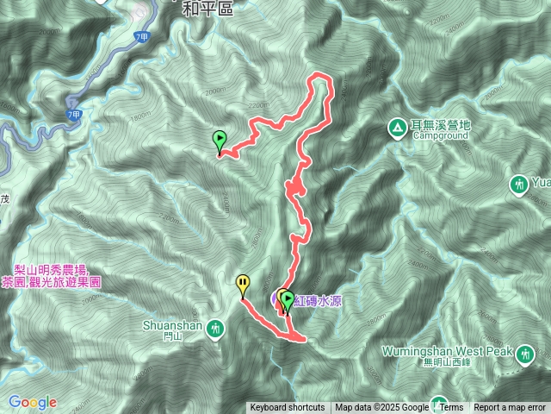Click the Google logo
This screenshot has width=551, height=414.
pos(33,402)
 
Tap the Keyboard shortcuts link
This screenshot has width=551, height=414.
pos(288,408)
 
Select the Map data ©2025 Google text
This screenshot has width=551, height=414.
pos(382,408)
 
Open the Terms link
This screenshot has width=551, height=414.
pos(452,408)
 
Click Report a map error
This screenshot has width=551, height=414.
pos(511,408)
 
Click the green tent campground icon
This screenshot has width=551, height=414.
pos(397,129)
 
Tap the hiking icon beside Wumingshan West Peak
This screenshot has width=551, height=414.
pos(525,353)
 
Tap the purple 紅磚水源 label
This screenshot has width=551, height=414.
pos(319,300)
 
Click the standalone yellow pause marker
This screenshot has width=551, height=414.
pos(244,282)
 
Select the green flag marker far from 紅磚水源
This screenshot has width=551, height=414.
pos(220,138)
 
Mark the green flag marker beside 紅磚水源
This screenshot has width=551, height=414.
pos(288,299)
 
